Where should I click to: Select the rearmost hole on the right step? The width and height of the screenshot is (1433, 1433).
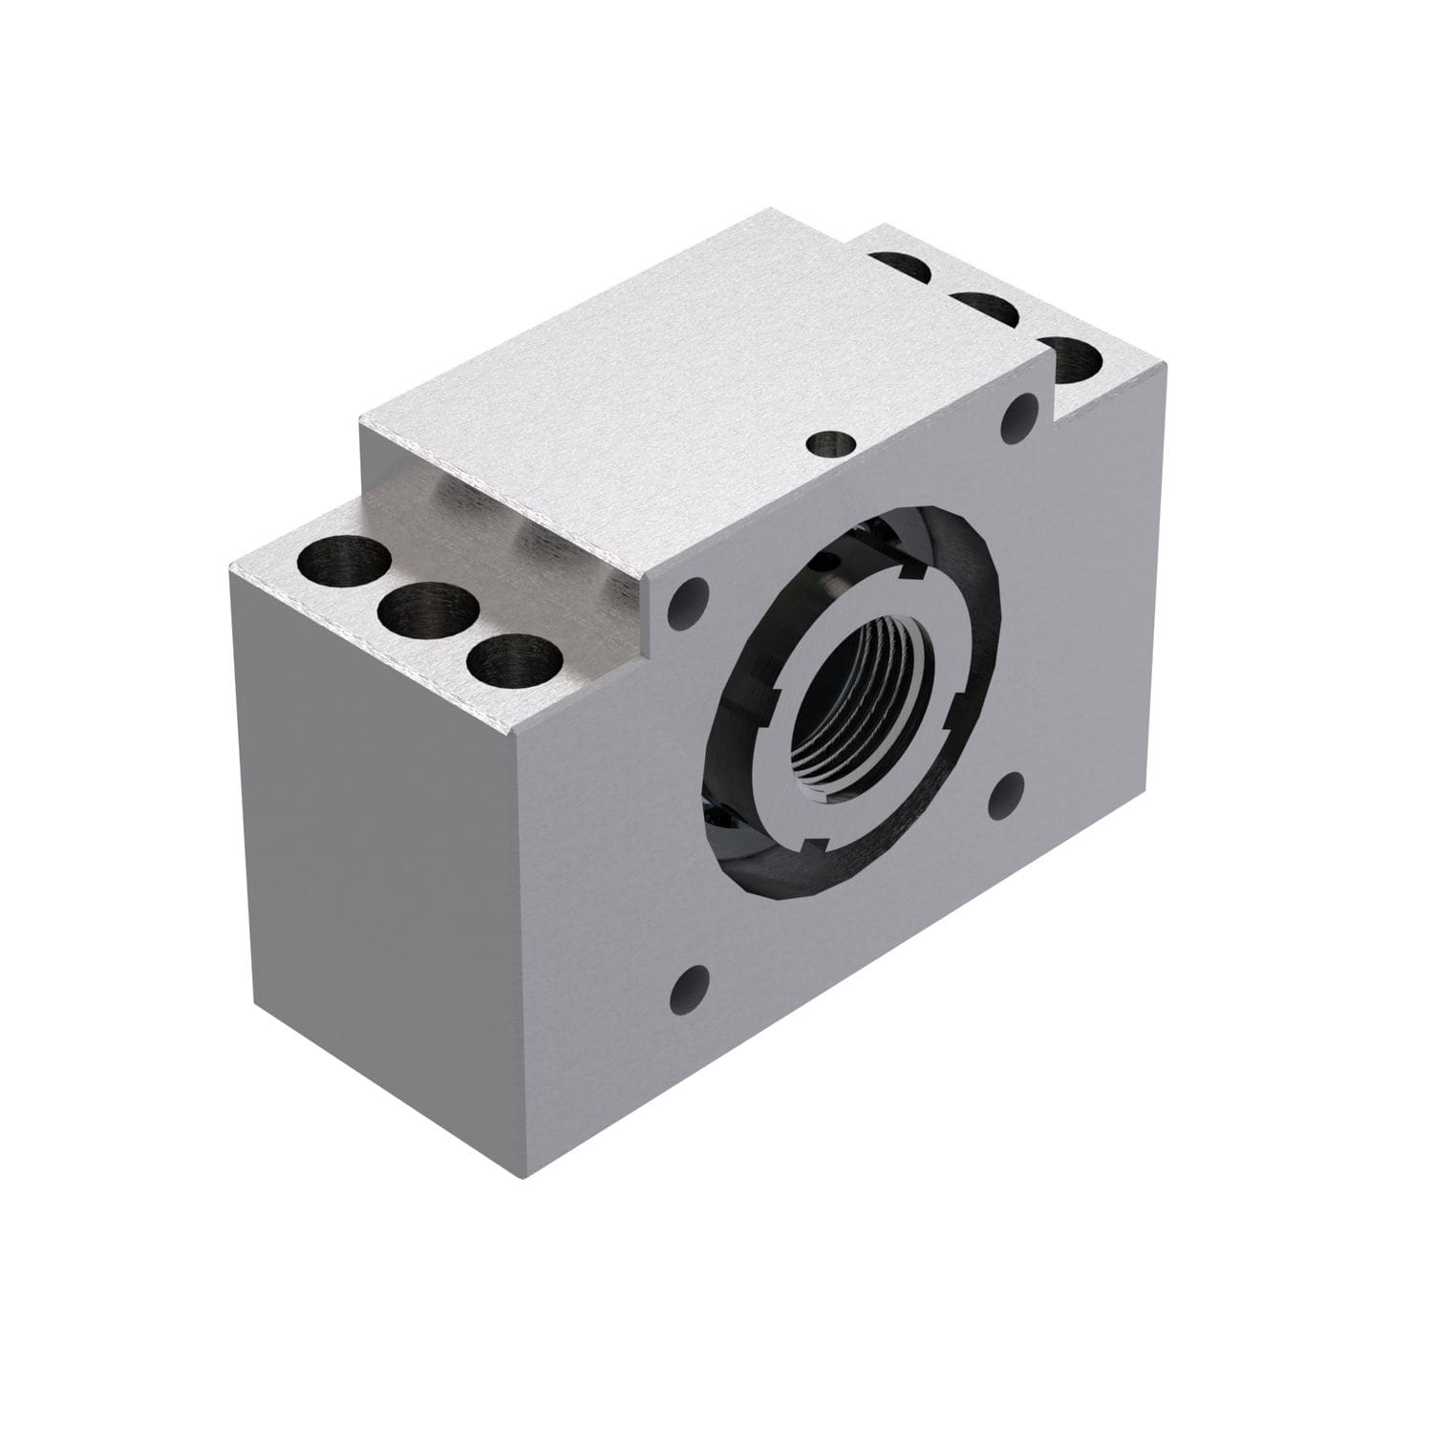(x=899, y=269)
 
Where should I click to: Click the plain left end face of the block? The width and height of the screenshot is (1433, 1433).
(x=373, y=860)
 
